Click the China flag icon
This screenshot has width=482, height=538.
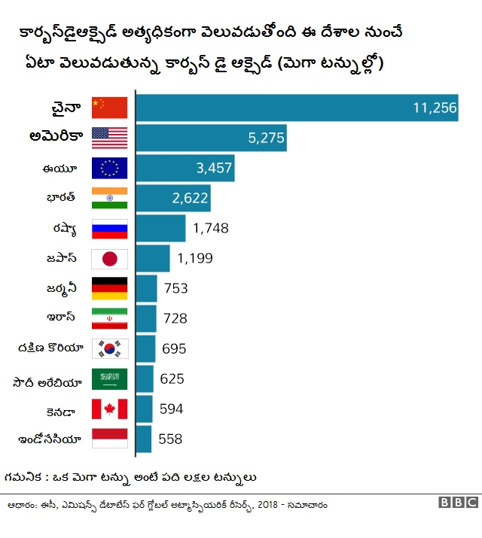(x=109, y=108)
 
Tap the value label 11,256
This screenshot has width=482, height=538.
(x=435, y=108)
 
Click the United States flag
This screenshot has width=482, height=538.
(x=109, y=138)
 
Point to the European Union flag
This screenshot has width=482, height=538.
(x=109, y=168)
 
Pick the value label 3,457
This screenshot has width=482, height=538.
(x=214, y=168)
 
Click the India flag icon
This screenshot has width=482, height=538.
(x=109, y=198)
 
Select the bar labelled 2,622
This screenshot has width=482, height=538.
(x=172, y=198)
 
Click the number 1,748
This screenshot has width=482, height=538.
(x=210, y=228)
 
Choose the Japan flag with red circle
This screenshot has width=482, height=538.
(x=109, y=259)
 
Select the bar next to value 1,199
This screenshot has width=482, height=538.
(x=153, y=258)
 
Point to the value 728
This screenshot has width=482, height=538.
(x=175, y=318)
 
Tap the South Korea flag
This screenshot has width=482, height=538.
(x=109, y=349)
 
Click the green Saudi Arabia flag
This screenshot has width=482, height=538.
(x=109, y=379)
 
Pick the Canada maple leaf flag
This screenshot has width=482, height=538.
(x=109, y=409)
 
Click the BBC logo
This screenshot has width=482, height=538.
(x=457, y=503)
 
